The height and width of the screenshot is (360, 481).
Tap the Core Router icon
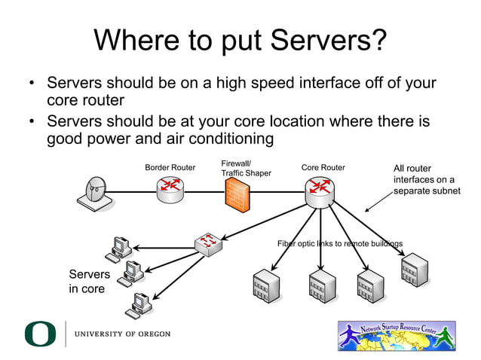click(x=321, y=194)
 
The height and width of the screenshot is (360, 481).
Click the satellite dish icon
click(x=94, y=194)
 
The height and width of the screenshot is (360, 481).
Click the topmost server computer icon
click(x=120, y=247)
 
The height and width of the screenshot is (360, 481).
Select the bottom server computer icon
click(x=139, y=301)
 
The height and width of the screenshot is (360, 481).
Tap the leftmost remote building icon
click(x=266, y=285)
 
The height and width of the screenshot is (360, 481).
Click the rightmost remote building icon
click(x=415, y=270)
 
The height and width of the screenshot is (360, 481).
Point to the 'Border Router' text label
click(x=170, y=167)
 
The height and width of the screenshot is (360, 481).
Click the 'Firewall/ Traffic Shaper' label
click(x=246, y=168)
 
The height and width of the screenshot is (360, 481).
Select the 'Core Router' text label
click(x=323, y=167)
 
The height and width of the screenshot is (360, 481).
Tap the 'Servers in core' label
click(x=89, y=281)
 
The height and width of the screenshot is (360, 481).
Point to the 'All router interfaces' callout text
click(x=425, y=180)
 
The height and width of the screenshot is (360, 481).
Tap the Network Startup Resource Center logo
click(x=397, y=336)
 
